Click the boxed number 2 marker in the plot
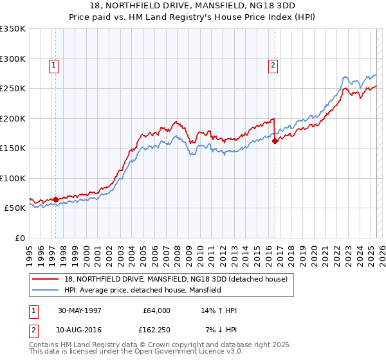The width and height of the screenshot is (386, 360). (x=273, y=64)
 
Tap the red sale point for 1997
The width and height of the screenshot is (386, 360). (x=56, y=199)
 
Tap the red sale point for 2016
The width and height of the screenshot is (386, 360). (x=275, y=141)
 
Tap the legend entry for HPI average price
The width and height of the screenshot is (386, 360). (x=142, y=290)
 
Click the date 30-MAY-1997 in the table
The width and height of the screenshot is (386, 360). (x=79, y=310)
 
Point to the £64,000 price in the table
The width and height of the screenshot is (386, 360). (x=156, y=310)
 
